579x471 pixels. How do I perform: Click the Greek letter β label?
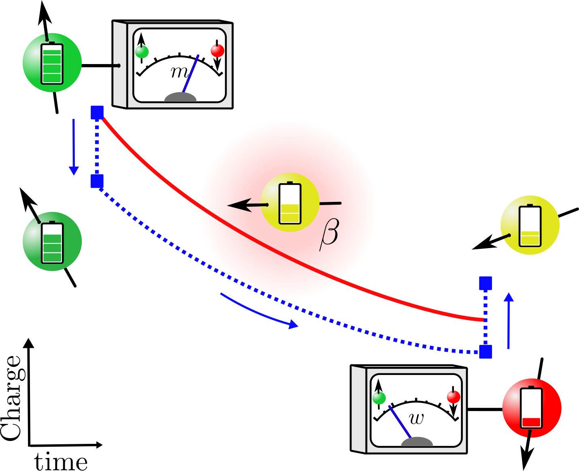pyautogui.click(x=329, y=235)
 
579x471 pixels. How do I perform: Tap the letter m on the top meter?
pyautogui.click(x=179, y=72)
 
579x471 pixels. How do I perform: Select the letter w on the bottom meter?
pyautogui.click(x=417, y=418)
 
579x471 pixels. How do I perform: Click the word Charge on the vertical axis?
pyautogui.click(x=11, y=398)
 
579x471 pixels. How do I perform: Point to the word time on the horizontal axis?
pyautogui.click(x=61, y=462)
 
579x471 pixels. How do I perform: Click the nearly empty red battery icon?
pyautogui.click(x=531, y=408)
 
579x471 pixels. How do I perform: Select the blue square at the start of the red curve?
pyautogui.click(x=97, y=113)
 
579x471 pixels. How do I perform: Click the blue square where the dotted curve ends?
pyautogui.click(x=485, y=351)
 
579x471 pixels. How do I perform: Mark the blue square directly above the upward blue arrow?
pyautogui.click(x=485, y=283)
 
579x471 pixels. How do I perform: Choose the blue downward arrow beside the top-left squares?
pyautogui.click(x=74, y=147)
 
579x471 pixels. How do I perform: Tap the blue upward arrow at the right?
pyautogui.click(x=509, y=320)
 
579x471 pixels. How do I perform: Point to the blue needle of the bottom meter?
pyautogui.click(x=400, y=422)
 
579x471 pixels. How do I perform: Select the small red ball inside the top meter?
pyautogui.click(x=217, y=51)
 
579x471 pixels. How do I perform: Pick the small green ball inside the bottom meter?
pyautogui.click(x=379, y=398)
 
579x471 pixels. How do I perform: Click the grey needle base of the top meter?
pyautogui.click(x=181, y=97)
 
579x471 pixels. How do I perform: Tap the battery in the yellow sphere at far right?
pyautogui.click(x=530, y=226)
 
